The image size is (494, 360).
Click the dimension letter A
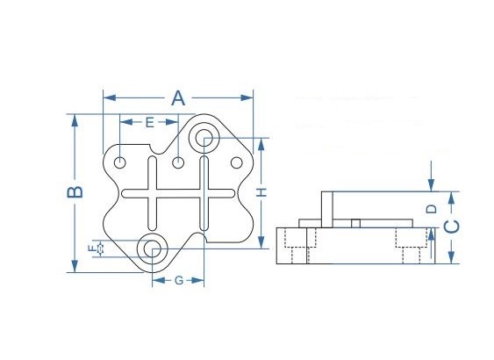coord(178,97)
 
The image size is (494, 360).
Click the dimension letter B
coord(75,192)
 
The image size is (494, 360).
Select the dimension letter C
coord(452,227)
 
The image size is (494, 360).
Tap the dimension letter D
coord(432,209)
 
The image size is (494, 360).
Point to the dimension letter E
coord(150,122)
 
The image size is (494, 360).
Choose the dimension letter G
coord(179,280)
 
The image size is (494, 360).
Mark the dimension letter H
coord(261,192)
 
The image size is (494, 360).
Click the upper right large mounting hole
coord(204,138)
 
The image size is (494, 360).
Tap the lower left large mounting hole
coord(152,248)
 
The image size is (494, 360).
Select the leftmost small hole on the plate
coord(119,162)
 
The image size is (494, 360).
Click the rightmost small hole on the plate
coord(237,162)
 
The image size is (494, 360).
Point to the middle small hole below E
coord(178,162)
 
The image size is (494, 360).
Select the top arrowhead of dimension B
coord(75,120)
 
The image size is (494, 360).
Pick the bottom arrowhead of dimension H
coord(261,242)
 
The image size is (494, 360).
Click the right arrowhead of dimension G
coord(197,280)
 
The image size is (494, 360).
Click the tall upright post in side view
coord(327,209)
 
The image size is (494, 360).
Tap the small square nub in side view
coord(355,223)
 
